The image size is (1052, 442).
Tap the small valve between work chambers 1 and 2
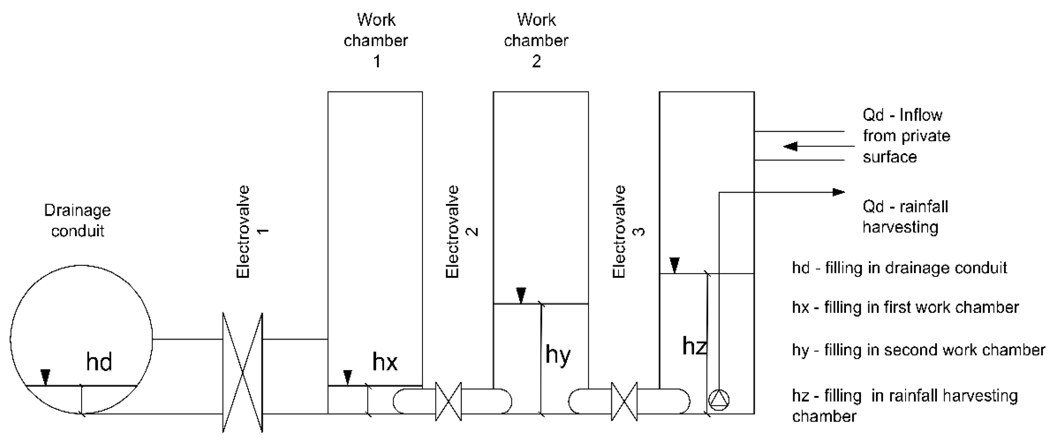pos(449,401)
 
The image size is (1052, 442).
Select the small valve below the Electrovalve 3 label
pos(624,401)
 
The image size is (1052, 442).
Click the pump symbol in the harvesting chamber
pos(719,400)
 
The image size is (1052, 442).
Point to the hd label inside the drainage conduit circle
pos(99,362)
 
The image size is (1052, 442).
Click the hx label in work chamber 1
pos(385,362)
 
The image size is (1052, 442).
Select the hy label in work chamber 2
pos(558,355)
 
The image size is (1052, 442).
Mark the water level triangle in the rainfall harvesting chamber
pos(674,265)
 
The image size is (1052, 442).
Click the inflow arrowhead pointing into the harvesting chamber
pos(791,146)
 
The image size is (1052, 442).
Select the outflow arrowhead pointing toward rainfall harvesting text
pos(838,192)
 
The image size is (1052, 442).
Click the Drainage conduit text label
pos(77,221)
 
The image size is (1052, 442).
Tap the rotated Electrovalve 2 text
pos(453,232)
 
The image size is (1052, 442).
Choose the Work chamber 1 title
pos(376,40)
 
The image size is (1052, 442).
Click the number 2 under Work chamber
pos(536,61)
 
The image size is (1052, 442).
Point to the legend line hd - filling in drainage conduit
pos(899,268)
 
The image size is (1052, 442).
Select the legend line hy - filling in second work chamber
pos(918,350)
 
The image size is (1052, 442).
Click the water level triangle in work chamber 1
pos(347,377)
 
